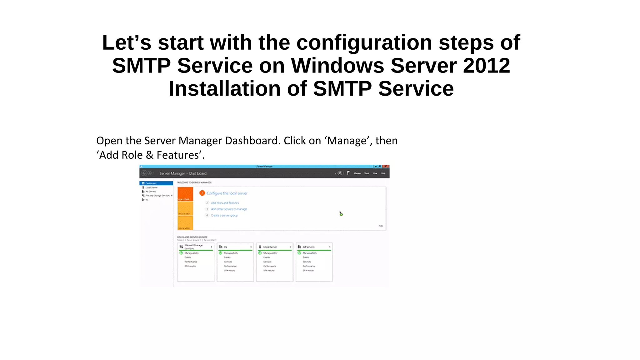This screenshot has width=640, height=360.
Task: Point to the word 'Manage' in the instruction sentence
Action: click(347, 141)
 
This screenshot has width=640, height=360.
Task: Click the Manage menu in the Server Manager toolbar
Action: click(357, 173)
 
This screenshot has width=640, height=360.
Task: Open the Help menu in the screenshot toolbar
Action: click(383, 173)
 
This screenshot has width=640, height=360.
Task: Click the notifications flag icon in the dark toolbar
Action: click(348, 173)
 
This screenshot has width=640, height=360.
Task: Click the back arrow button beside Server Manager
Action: click(144, 173)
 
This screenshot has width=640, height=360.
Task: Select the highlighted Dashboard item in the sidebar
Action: click(156, 183)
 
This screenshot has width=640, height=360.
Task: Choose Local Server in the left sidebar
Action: click(151, 187)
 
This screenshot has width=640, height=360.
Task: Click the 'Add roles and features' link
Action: click(225, 203)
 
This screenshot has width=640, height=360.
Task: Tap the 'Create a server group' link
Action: click(224, 216)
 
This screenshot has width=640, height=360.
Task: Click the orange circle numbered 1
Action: click(202, 193)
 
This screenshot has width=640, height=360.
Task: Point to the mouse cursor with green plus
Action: click(341, 213)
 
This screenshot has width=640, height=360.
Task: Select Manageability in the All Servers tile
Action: click(309, 253)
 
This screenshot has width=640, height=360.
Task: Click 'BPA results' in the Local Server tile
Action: click(269, 271)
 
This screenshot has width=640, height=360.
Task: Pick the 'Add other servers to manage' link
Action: click(229, 209)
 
